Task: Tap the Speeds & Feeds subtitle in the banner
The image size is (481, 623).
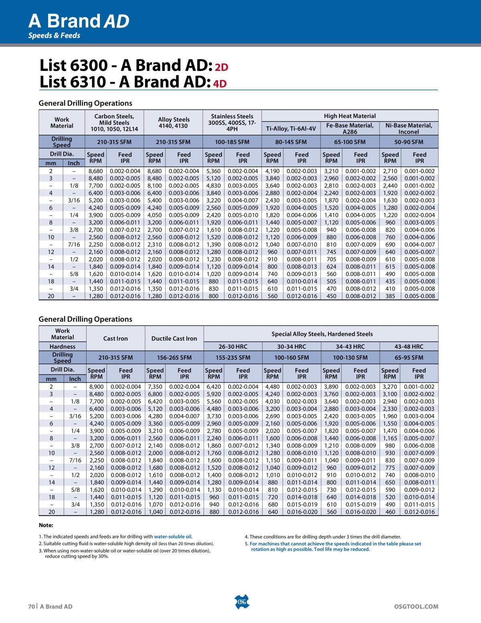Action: click(54, 35)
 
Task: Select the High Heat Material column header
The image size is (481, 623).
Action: click(350, 116)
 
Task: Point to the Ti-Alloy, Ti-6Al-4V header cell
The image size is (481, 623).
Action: click(291, 129)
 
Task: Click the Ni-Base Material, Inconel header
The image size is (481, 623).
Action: click(408, 128)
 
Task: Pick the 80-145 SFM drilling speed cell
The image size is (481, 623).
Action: click(291, 142)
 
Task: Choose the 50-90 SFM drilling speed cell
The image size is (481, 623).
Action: click(408, 142)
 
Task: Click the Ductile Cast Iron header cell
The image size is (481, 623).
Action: click(174, 338)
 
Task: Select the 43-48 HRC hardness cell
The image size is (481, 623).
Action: click(408, 346)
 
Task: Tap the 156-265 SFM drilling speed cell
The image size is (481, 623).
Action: click(174, 357)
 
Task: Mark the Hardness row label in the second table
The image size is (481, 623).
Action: click(63, 346)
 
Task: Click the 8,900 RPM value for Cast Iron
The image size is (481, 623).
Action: click(96, 387)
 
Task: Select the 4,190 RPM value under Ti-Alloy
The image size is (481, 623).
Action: click(272, 171)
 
